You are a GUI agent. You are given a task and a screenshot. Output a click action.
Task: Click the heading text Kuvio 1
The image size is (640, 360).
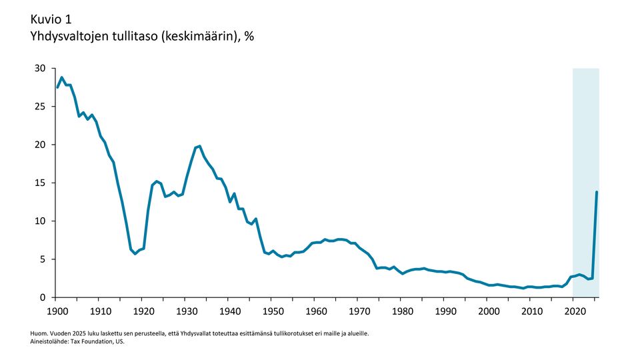tap(52, 18)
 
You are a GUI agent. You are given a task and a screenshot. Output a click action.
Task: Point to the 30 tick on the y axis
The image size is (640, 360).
tap(40, 69)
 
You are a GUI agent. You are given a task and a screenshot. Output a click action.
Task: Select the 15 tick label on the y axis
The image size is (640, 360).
tap(40, 183)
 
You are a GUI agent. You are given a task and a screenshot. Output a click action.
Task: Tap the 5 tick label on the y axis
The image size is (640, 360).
tap(43, 259)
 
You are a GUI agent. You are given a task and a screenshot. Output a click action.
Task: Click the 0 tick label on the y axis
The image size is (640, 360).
tap(43, 297)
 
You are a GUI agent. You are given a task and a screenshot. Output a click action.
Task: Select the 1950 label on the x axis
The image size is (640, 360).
tap(272, 311)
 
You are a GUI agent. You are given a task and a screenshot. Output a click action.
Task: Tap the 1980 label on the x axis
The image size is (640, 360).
tap(401, 311)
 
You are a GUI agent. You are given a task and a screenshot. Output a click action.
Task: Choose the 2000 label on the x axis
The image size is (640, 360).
tap(488, 311)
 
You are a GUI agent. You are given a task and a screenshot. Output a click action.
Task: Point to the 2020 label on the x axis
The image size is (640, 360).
tap(574, 311)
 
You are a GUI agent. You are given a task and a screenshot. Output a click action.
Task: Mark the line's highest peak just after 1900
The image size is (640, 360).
tap(61, 77)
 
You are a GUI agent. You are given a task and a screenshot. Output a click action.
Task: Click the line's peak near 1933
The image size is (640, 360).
tap(199, 146)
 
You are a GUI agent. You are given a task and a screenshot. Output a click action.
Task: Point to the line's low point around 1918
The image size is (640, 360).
tap(135, 253)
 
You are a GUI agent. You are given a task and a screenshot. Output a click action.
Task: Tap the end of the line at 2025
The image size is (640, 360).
tap(596, 193)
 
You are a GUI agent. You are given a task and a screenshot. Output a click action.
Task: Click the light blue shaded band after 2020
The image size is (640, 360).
tap(585, 133)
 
